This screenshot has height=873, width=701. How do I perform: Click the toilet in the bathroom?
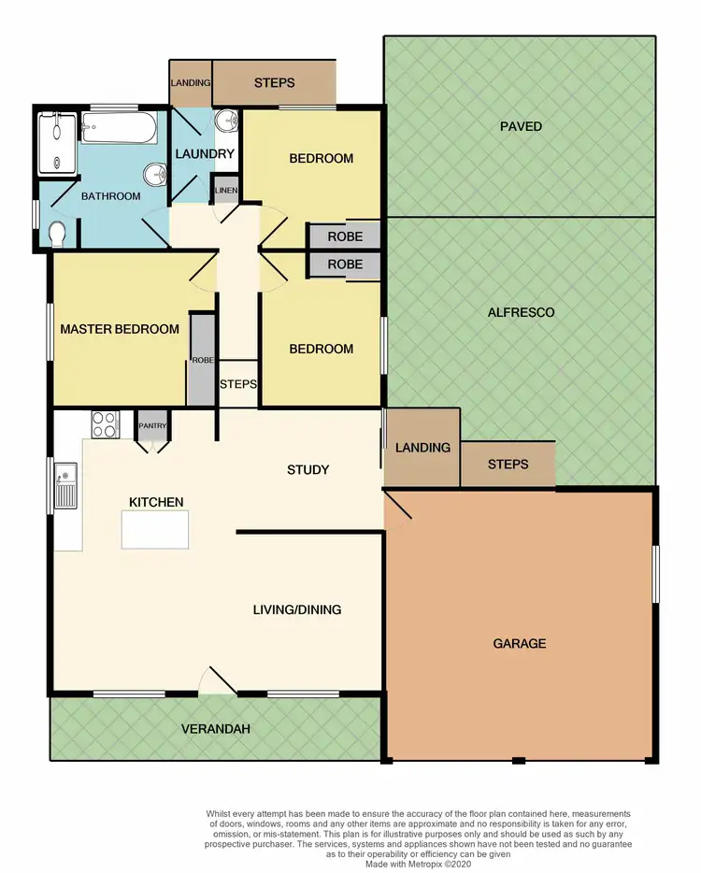click(x=56, y=231)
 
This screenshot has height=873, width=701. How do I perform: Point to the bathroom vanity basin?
click(x=156, y=173)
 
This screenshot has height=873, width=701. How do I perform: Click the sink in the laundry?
click(x=226, y=122)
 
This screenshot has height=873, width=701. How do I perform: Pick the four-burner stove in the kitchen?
click(x=105, y=424)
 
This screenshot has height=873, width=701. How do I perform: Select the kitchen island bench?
click(x=153, y=530)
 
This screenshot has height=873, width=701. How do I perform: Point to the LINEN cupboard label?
click(x=226, y=191)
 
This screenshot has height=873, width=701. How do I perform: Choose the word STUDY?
click(x=308, y=469)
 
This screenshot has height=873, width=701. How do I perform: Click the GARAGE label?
click(x=519, y=643)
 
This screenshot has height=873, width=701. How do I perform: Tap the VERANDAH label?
click(x=216, y=728)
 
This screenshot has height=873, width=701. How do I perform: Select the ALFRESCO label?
click(x=521, y=312)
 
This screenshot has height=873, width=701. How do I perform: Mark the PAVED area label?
click(x=521, y=126)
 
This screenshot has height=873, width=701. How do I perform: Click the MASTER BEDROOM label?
click(x=120, y=329)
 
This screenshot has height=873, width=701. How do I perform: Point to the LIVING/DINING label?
click(x=297, y=609)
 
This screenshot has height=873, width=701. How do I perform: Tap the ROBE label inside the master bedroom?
click(x=202, y=359)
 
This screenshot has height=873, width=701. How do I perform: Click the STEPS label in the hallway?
click(x=238, y=384)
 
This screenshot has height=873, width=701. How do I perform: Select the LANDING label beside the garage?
click(x=422, y=448)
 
